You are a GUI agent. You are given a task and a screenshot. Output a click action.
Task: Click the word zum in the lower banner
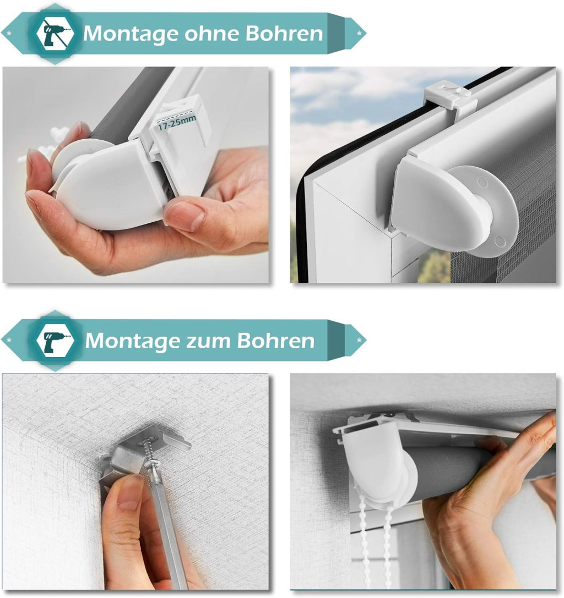point(208,341)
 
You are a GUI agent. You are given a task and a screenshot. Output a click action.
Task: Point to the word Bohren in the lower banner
point(276,340)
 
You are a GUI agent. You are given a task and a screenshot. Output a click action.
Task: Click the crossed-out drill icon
point(56,34)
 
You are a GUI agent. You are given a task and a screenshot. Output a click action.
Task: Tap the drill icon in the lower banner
point(56,340)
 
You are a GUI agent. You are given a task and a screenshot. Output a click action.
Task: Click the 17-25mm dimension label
point(177,123)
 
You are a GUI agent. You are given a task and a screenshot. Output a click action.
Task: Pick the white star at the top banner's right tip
point(359,33)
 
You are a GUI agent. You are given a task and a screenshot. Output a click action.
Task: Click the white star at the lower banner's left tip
point(9,340)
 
